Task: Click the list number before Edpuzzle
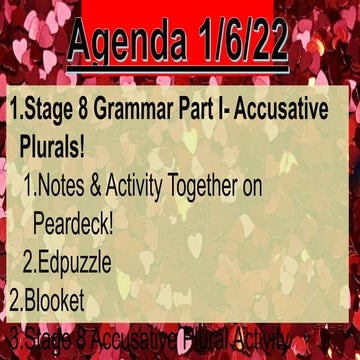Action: [x=30, y=262]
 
